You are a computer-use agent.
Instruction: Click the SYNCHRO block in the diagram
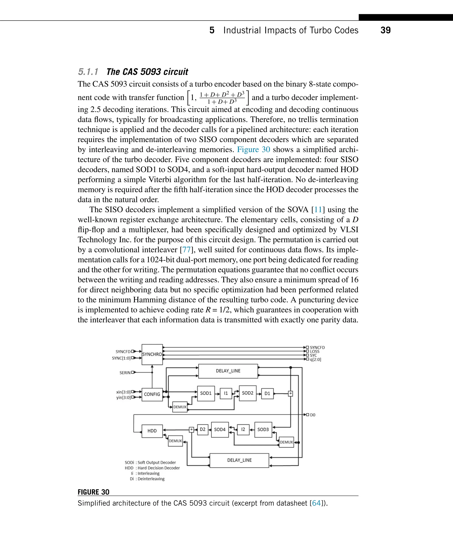(152, 355)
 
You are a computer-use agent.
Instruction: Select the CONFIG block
(152, 394)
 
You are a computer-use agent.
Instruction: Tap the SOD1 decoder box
(206, 393)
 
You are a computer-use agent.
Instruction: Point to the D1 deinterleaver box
(267, 394)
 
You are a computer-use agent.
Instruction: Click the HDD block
(152, 431)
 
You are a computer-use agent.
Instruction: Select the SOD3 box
(263, 429)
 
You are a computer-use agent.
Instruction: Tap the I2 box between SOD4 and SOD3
(243, 429)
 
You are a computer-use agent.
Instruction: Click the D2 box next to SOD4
(202, 429)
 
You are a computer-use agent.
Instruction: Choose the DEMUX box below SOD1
(180, 407)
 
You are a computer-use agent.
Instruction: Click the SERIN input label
(125, 373)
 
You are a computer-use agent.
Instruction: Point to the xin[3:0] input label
(123, 392)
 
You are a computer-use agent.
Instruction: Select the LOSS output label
(315, 351)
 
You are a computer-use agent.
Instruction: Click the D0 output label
(312, 415)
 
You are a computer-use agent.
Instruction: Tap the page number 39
(385, 30)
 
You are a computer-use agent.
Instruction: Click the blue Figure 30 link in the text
(253, 150)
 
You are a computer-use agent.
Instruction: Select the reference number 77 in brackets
(186, 250)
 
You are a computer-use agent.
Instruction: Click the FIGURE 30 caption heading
(93, 492)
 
